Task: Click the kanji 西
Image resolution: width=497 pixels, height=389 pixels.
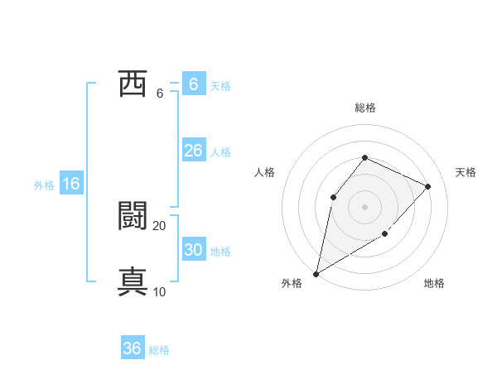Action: [133, 84]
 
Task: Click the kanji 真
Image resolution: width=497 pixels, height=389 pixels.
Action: [133, 281]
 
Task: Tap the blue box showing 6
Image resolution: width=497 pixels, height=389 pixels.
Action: [193, 84]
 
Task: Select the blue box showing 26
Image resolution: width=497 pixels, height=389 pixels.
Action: [193, 151]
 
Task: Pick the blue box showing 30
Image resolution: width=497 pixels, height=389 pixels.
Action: [193, 250]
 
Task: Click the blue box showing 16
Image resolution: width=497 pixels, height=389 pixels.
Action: [71, 185]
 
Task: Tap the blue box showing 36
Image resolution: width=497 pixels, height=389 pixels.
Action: [133, 348]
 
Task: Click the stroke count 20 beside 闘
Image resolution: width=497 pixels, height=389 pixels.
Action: [160, 226]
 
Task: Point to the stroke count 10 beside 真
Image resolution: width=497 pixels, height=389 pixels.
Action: [160, 291]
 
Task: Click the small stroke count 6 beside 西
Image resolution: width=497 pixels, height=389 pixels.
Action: [160, 94]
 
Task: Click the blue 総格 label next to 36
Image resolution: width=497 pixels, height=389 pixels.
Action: [159, 350]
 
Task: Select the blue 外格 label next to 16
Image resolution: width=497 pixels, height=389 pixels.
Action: [44, 185]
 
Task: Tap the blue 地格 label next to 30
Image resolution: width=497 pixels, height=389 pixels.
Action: [220, 252]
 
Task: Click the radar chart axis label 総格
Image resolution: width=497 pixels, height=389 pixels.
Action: [364, 108]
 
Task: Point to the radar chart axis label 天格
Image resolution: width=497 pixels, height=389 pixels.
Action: [466, 172]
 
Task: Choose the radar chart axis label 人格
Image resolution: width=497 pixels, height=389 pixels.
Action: [264, 172]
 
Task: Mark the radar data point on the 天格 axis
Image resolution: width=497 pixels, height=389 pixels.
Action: [428, 186]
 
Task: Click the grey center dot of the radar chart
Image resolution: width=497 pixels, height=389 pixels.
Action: [364, 206]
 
